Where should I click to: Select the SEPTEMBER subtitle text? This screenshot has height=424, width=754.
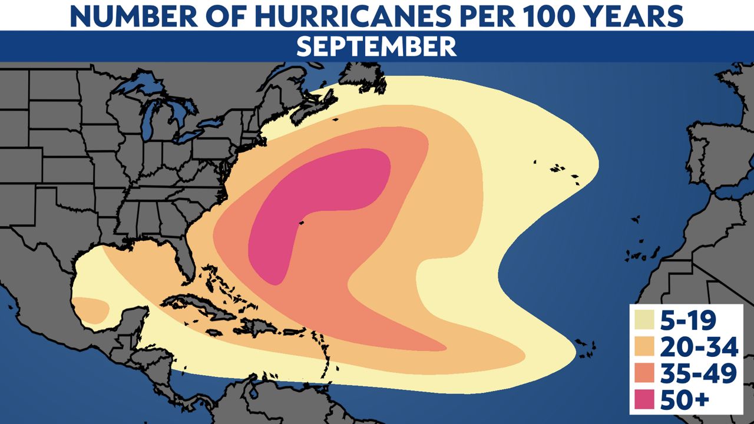tap(376, 46)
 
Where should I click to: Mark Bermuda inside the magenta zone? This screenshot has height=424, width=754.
tap(301, 223)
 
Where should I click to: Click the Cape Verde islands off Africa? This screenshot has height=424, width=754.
tap(584, 347)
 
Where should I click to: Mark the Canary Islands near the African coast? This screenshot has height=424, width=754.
tap(636, 254)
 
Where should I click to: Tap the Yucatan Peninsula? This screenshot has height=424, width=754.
tap(133, 324)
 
